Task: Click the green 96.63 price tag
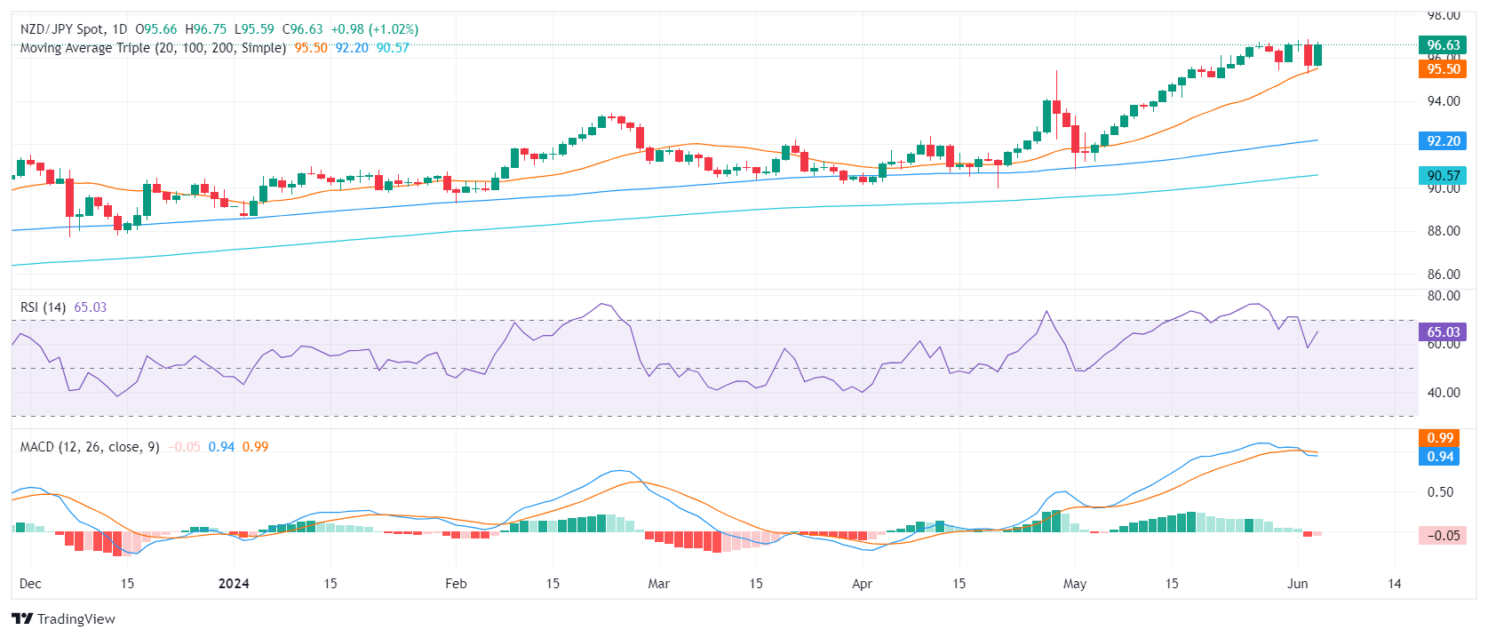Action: pyautogui.click(x=1443, y=45)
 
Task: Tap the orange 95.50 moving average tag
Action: pyautogui.click(x=1443, y=69)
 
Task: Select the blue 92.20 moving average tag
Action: pyautogui.click(x=1443, y=141)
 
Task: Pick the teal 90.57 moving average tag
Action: pyautogui.click(x=1443, y=176)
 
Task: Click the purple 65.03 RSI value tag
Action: pyautogui.click(x=1443, y=332)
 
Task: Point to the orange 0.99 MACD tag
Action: pyautogui.click(x=1440, y=438)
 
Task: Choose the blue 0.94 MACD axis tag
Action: pyautogui.click(x=1440, y=457)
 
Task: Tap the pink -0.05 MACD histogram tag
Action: pyautogui.click(x=1443, y=536)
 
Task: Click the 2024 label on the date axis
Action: pyautogui.click(x=234, y=584)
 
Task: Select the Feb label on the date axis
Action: pyautogui.click(x=456, y=584)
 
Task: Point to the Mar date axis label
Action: pyautogui.click(x=658, y=584)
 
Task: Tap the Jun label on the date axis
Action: pyautogui.click(x=1298, y=584)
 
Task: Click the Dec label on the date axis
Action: pyautogui.click(x=30, y=584)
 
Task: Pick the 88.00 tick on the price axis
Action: pyautogui.click(x=1444, y=231)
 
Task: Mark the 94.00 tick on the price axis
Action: pyautogui.click(x=1444, y=101)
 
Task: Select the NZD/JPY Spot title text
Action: pyautogui.click(x=62, y=29)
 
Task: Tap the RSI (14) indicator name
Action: pyautogui.click(x=43, y=307)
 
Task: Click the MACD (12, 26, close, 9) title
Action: pyautogui.click(x=90, y=447)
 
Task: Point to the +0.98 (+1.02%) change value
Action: pyautogui.click(x=374, y=29)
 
